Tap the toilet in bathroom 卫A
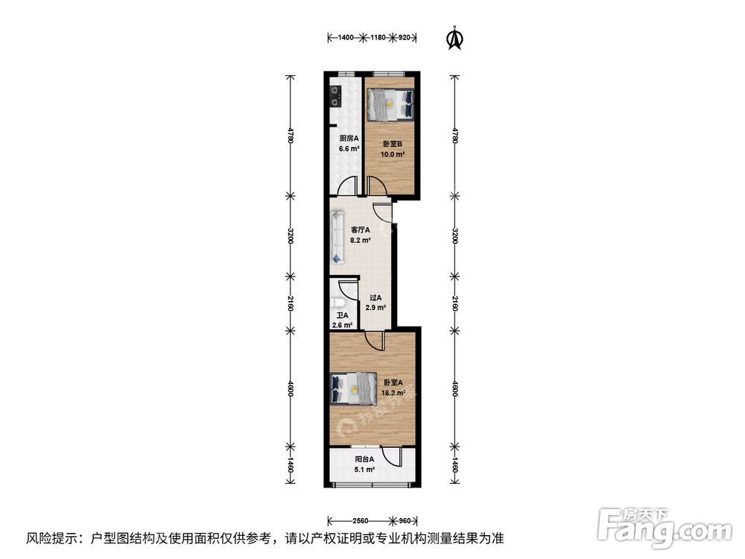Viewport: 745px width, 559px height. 338,302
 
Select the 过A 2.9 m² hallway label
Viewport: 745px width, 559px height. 375,303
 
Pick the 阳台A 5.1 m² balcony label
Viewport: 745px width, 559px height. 364,465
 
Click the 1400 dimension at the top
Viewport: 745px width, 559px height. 345,37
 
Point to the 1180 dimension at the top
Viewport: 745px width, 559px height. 380,37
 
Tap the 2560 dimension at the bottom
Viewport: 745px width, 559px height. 361,520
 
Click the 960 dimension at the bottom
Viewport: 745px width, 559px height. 404,520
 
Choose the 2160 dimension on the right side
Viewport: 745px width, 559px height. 454,304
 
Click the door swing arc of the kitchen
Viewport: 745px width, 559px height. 347,186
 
